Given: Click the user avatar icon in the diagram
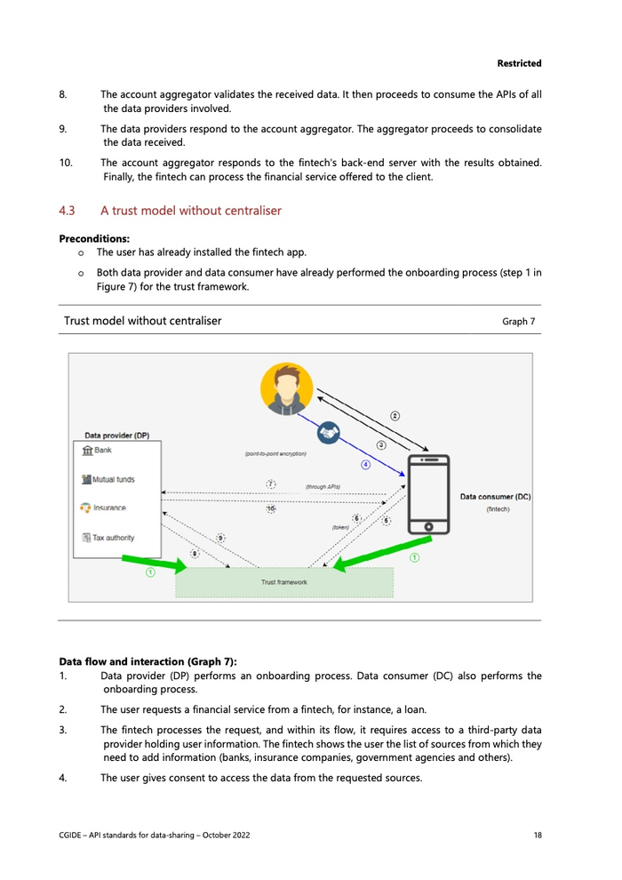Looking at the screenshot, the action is point(287,389).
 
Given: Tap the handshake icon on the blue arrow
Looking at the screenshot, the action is point(329,432).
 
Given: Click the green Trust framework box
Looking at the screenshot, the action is point(284,581).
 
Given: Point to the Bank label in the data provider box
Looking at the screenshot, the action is point(103,451).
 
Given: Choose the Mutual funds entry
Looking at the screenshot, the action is point(114,479).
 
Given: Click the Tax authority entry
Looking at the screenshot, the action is point(114,537).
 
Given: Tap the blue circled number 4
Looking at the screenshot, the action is point(364,465).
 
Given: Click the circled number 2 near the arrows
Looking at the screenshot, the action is point(395,415).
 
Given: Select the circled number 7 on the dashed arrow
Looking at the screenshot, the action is point(271,484).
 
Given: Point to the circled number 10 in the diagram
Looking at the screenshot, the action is point(271,508).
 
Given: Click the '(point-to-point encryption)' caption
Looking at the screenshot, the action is point(275,454).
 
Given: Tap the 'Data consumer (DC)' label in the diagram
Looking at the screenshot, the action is point(495,497).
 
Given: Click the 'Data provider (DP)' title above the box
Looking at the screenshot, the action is point(116,436).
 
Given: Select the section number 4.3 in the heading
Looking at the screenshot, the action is point(67,211).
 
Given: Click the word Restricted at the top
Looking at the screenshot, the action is point(519,63).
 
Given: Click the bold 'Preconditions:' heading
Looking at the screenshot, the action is point(93,238).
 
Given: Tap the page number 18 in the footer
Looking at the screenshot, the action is point(538,835).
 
